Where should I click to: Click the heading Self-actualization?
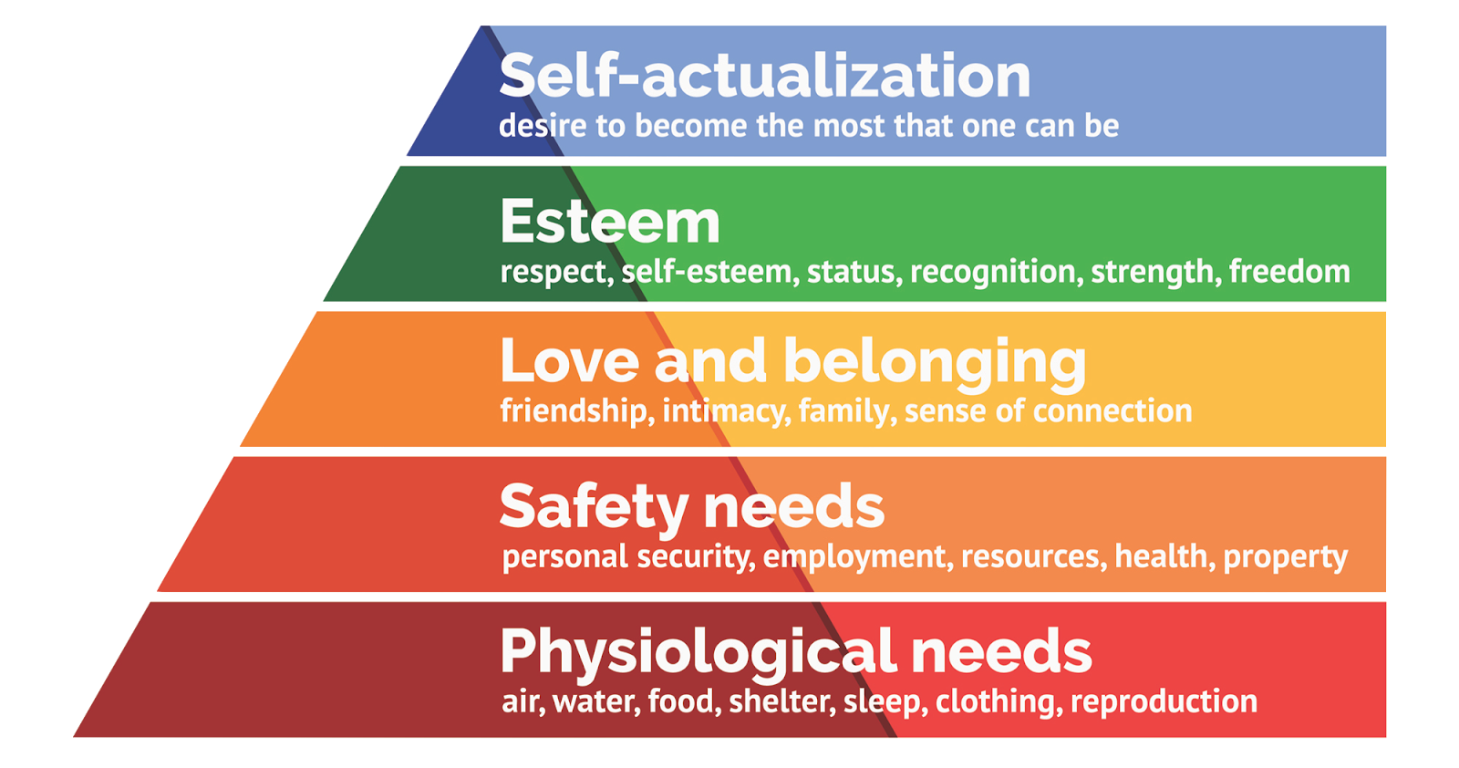coord(764,75)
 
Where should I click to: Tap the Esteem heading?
coord(610,222)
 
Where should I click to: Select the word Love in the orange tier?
coord(569,360)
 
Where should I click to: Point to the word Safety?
coord(594,507)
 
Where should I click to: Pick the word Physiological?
coord(698,653)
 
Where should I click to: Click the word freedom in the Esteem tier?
coord(1288,272)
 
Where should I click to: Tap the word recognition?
coord(996,272)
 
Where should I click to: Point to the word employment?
coord(857,556)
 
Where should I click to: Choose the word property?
coord(1285,557)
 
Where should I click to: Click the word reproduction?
coord(1164,701)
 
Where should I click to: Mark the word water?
coord(595,701)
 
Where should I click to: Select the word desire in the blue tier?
coord(543,126)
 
